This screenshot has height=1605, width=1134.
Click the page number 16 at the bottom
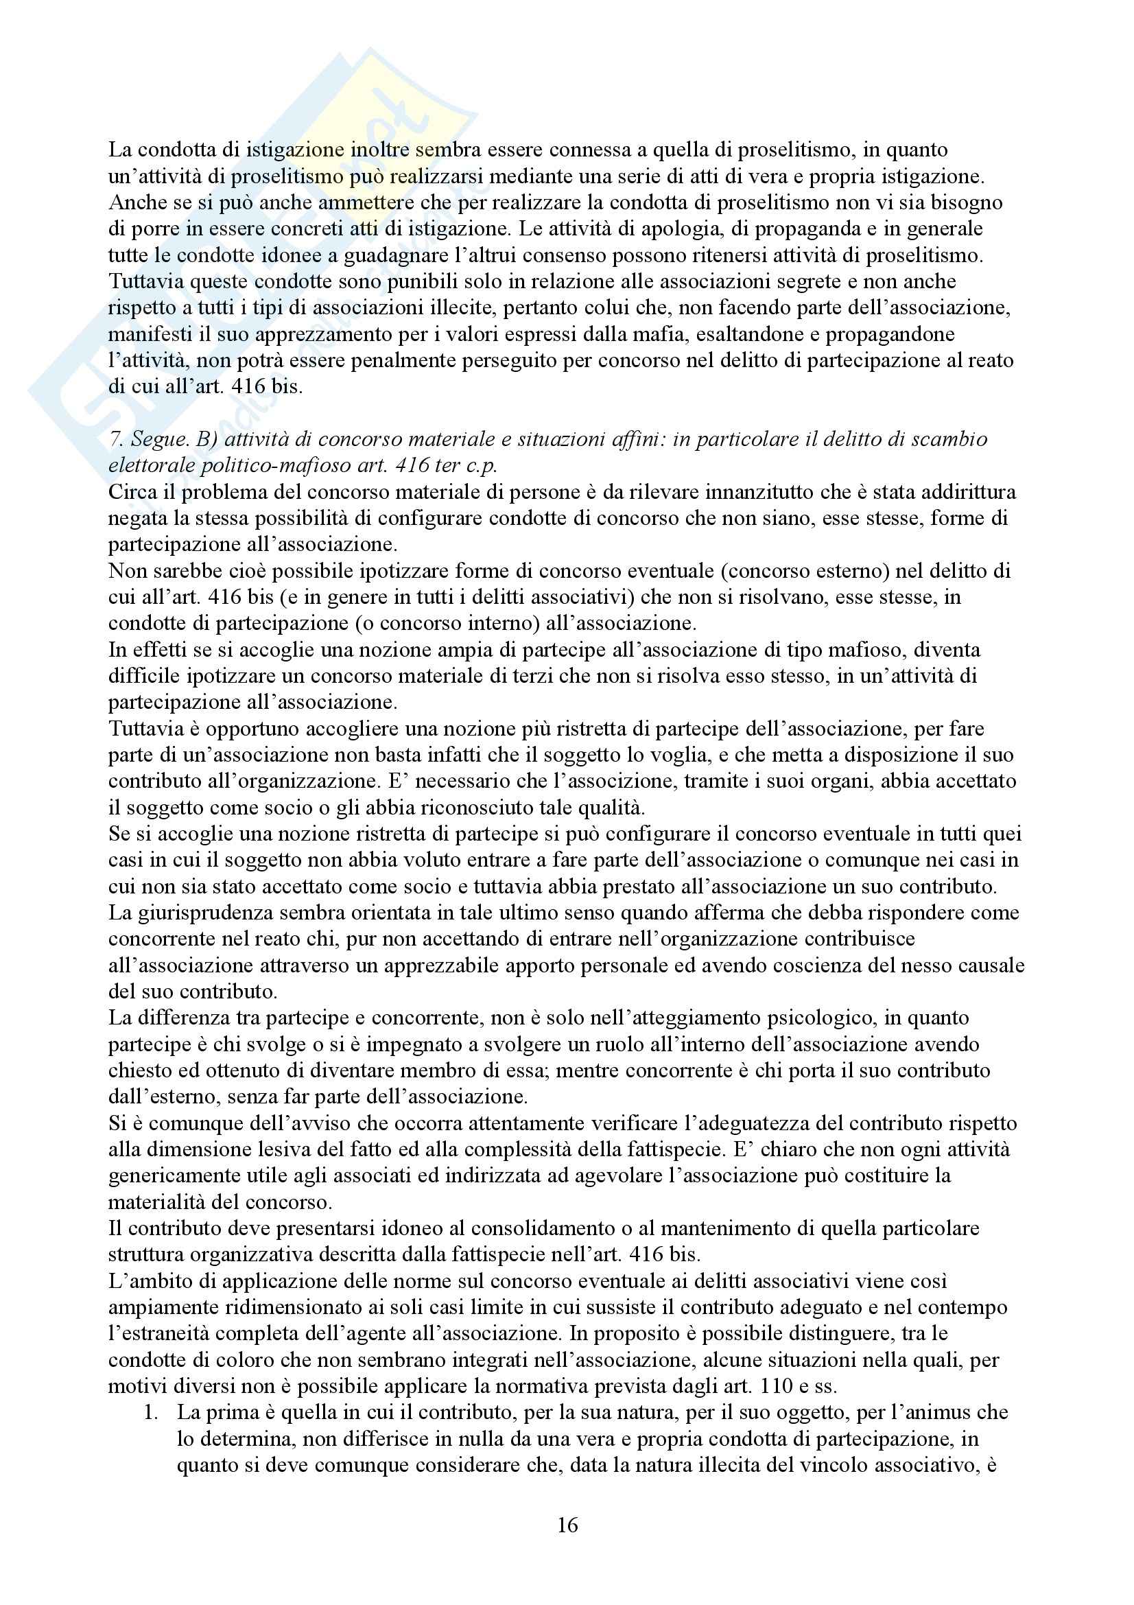click(567, 1525)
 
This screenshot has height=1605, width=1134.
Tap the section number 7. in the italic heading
click(117, 439)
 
